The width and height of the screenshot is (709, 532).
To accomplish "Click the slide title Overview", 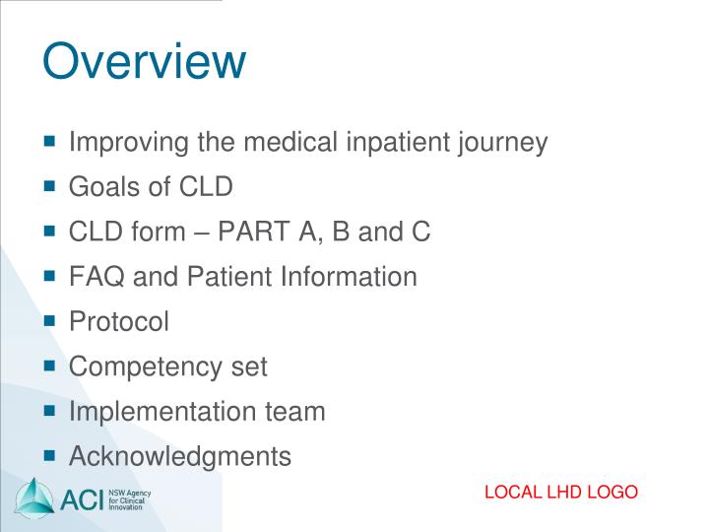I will (144, 61).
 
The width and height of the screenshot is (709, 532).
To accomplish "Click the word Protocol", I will (119, 322).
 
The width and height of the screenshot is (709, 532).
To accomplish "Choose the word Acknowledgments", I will (180, 456).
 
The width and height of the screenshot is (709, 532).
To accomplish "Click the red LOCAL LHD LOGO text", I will (561, 493).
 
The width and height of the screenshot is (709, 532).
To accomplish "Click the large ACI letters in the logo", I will (84, 499).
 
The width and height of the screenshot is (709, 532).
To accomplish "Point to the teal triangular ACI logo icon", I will (35, 498).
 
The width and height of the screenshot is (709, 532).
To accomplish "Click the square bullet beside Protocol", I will (50, 321).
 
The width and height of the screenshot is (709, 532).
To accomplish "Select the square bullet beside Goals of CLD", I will (50, 186).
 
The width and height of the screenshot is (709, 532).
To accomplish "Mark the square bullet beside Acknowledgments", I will (50, 456).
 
